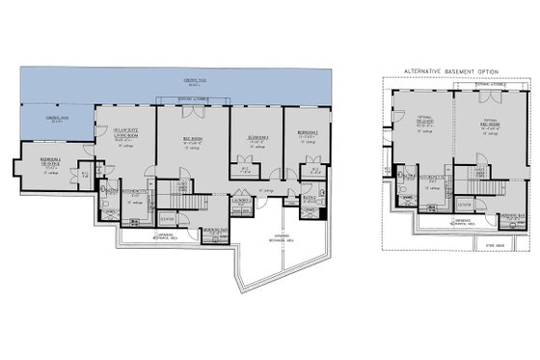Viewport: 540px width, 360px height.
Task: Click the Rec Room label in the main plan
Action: tap(191, 142)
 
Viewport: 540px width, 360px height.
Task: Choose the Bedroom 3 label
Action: tap(256, 140)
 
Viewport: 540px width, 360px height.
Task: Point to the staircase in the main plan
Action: tap(192, 202)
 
